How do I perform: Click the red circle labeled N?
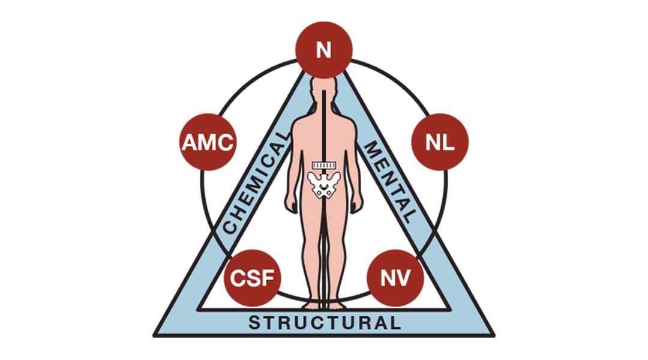323,50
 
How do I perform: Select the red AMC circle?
208,142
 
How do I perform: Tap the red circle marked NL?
440,142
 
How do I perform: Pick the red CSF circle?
252,278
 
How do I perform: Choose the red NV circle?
395,278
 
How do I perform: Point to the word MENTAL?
389,182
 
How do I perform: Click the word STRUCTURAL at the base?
325,322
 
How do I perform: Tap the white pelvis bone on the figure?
324,185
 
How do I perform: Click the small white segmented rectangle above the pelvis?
324,166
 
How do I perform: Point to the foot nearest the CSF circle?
311,305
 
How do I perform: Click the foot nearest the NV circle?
337,305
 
